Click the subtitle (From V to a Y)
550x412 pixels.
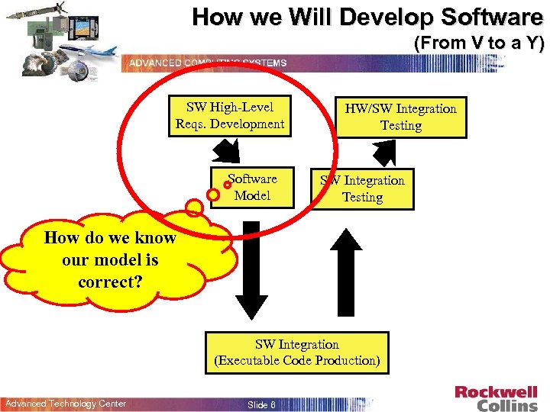(478, 43)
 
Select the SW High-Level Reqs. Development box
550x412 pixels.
(230, 115)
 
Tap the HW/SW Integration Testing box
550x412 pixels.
(401, 117)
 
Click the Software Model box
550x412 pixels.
(252, 187)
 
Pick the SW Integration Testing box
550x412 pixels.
(363, 188)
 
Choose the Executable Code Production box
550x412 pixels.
(296, 352)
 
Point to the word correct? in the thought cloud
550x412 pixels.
(109, 282)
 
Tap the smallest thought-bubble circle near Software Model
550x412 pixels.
(228, 185)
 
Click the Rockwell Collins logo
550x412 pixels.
(496, 398)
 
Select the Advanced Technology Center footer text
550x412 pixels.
(66, 404)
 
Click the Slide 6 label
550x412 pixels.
(261, 404)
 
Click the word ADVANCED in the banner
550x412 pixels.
(153, 63)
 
